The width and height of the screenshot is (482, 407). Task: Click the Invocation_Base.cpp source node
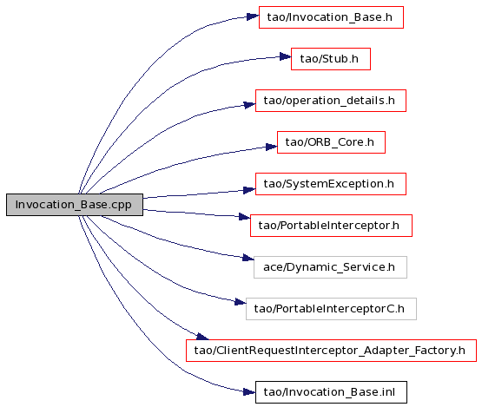(75, 205)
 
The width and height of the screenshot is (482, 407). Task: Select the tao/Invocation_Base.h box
(331, 17)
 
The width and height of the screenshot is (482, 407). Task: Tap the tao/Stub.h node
(331, 59)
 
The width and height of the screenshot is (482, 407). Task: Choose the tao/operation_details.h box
(331, 101)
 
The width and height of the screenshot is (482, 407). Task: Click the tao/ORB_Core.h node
(331, 142)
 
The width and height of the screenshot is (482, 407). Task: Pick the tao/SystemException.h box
(331, 184)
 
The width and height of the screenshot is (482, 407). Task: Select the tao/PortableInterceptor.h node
(331, 226)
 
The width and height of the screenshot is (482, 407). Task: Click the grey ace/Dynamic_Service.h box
(331, 267)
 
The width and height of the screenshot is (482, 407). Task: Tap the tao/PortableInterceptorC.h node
(331, 309)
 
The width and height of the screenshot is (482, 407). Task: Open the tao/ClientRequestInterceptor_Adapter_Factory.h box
(331, 351)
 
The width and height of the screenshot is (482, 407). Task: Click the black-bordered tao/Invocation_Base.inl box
(331, 392)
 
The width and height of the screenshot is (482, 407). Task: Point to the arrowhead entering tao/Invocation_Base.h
(253, 16)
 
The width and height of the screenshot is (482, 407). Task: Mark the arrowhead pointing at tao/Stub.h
(285, 56)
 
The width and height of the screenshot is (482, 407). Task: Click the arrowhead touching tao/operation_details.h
(249, 105)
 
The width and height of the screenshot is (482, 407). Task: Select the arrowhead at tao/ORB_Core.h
(272, 147)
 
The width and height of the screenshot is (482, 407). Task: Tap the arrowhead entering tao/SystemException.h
(249, 190)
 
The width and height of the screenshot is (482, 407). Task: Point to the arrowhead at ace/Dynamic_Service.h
(248, 258)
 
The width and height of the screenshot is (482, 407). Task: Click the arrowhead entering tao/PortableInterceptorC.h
(241, 302)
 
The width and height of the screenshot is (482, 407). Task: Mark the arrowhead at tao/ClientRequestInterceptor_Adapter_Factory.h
(202, 337)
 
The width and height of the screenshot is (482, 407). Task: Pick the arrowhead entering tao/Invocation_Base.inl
(249, 391)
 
